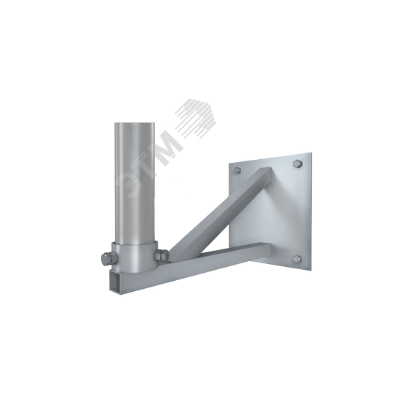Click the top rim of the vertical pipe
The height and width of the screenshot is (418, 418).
[x=134, y=123]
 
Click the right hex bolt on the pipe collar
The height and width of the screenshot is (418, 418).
[x=161, y=255]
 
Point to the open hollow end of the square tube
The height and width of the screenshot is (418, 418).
[x=117, y=281]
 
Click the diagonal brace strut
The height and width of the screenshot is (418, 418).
[x=220, y=213]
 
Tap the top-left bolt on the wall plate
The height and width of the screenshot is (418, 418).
[x=237, y=170]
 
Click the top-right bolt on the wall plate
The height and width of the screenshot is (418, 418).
[x=297, y=163]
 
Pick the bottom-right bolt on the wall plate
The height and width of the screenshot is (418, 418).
[x=296, y=258]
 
